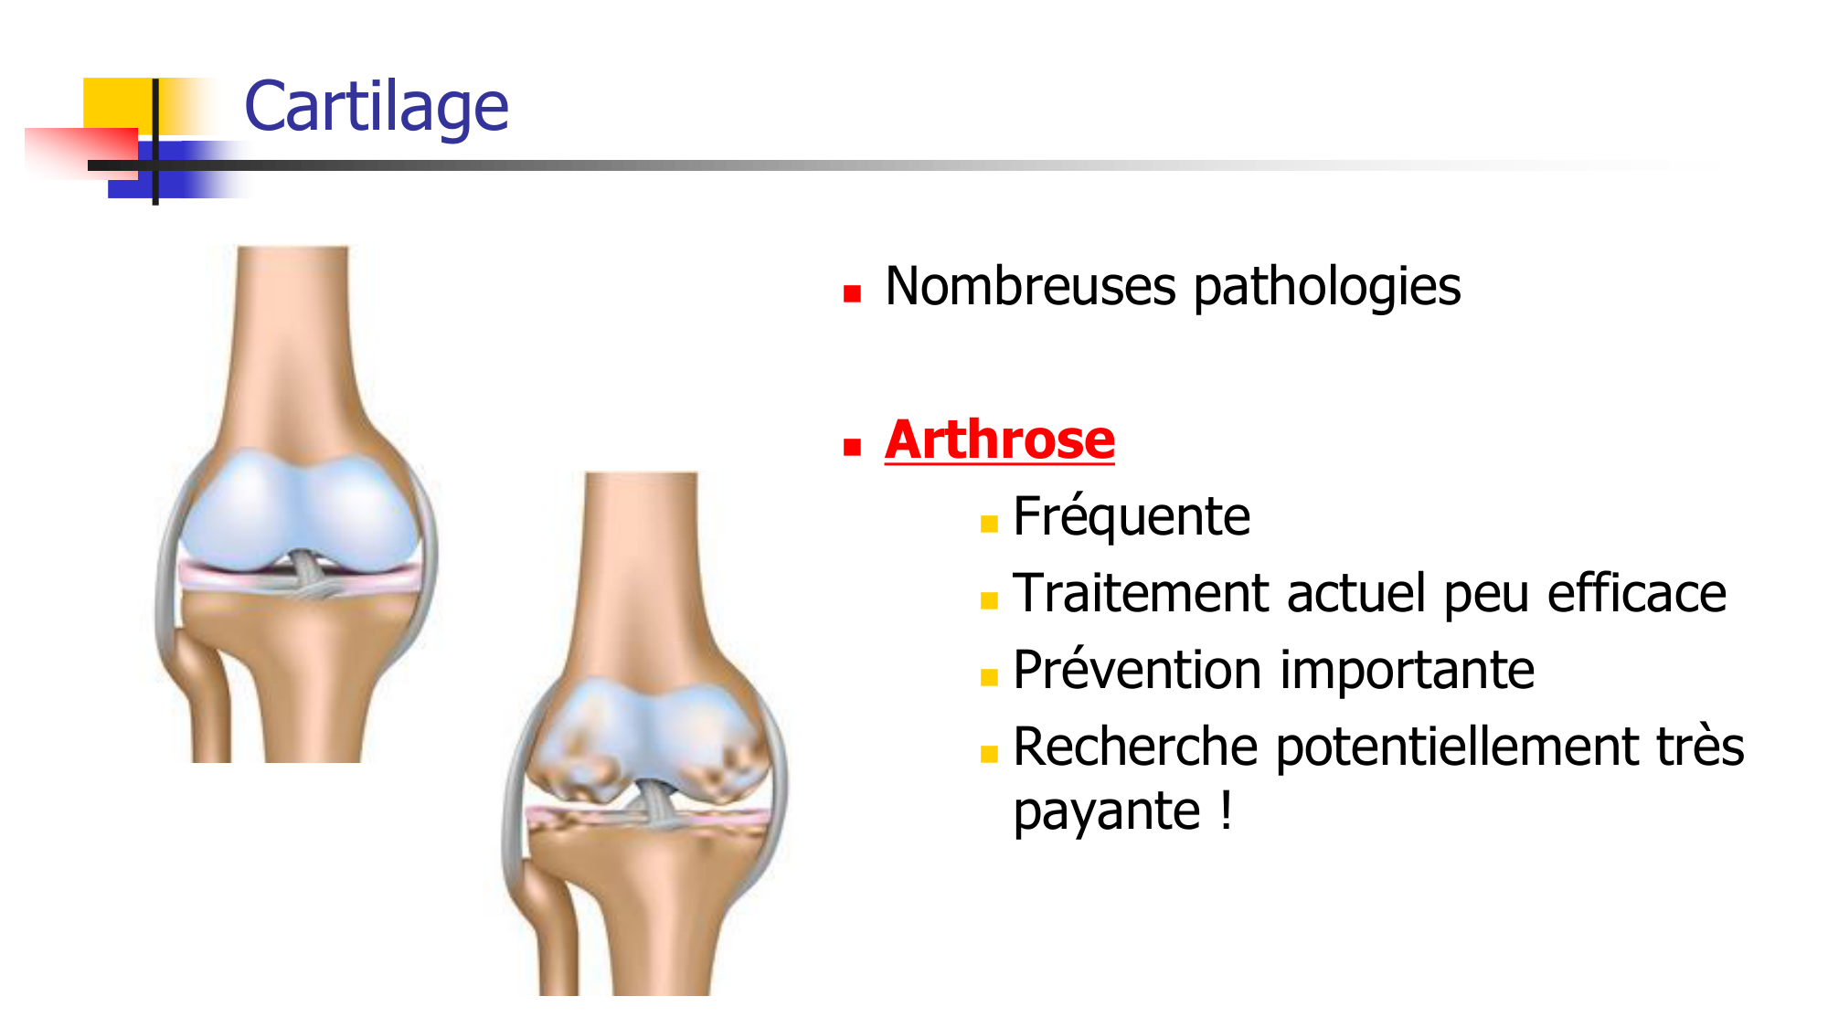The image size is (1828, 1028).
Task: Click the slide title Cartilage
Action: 376,107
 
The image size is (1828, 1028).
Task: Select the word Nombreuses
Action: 1030,286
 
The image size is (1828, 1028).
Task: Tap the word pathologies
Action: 1327,288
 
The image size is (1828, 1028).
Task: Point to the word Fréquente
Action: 1132,516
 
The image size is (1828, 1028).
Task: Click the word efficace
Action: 1636,593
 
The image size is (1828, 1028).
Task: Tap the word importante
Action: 1408,670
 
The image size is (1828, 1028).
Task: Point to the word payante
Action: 1106,811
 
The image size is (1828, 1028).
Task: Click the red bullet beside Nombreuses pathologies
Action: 852,293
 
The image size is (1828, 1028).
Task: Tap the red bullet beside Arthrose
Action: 852,447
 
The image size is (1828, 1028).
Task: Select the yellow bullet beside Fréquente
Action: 988,524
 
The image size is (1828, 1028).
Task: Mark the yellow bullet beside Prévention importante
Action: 988,677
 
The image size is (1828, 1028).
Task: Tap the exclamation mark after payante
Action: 1226,810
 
